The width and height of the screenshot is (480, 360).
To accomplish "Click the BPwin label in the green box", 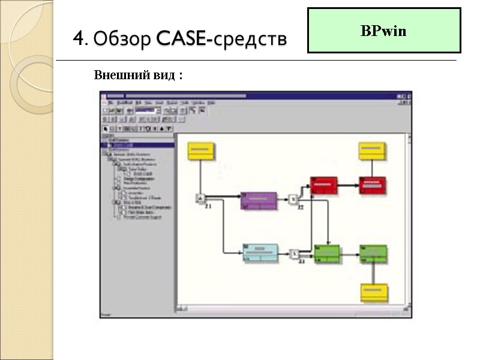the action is pos(383,31).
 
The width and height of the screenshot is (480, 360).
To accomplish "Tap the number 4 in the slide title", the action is pos(79,40).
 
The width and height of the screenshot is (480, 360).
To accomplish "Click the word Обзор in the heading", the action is pos(122,40).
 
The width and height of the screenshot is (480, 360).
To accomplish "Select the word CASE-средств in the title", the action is pos(221,40).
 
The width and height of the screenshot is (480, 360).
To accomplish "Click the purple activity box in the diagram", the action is pos(259,200).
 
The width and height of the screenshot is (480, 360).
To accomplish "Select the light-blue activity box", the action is pos(260,253).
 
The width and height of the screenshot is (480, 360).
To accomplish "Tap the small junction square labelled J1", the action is pos(201,199).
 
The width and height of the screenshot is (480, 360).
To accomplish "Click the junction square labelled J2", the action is pos(293,199).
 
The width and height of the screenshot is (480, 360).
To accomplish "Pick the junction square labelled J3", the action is pos(294,253).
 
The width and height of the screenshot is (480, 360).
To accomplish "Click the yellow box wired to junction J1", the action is pos(200,151).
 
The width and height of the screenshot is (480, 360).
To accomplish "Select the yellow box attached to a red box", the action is pos(373,151).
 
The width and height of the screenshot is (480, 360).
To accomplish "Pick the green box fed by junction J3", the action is pos(326,253).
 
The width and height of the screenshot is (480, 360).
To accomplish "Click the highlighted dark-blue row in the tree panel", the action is pos(138,145).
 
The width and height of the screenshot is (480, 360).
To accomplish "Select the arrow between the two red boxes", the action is pos(349,184).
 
